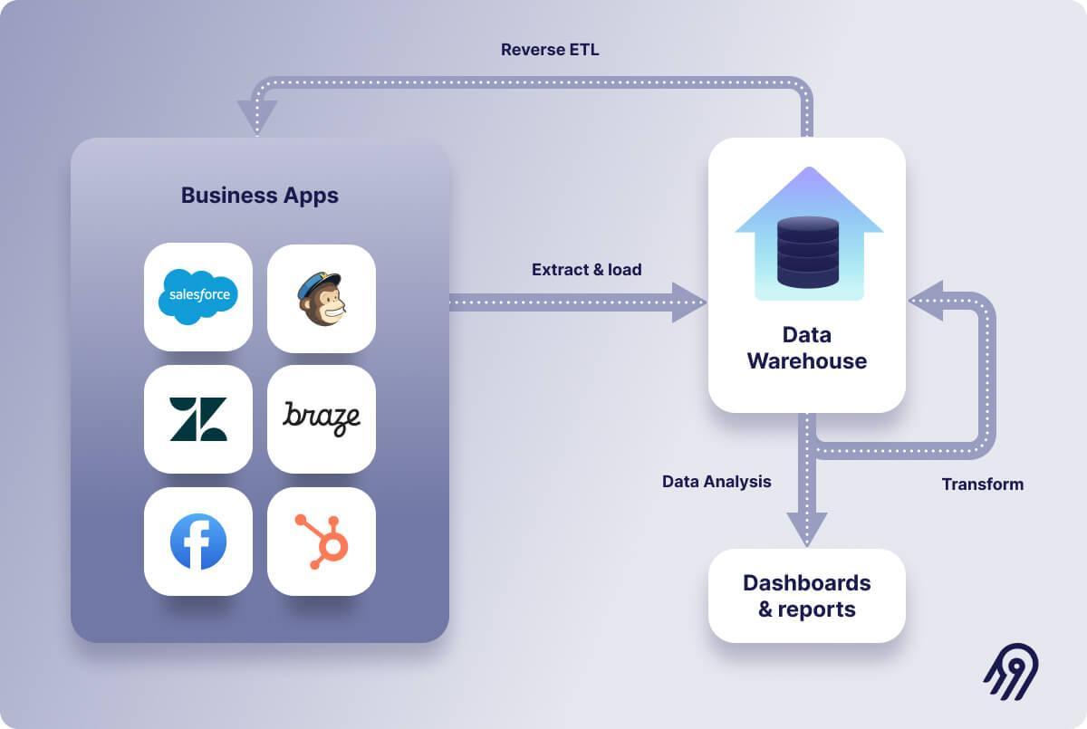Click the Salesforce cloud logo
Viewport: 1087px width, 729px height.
point(197,296)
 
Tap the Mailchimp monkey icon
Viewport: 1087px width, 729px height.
point(321,298)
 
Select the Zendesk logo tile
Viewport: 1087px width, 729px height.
point(197,419)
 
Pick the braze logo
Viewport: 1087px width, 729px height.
point(321,417)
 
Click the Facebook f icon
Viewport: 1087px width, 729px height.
point(197,542)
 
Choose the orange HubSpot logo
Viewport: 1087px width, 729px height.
point(322,542)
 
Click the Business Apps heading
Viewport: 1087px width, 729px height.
point(259,196)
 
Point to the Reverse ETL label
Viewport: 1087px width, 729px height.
point(550,50)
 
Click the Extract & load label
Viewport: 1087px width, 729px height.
point(586,270)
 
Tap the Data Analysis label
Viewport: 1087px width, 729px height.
point(717,482)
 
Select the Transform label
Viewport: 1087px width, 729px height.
point(982,484)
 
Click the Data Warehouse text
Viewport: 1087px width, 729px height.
point(806,348)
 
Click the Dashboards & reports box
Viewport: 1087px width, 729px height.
point(806,596)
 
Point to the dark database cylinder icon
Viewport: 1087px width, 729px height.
point(808,252)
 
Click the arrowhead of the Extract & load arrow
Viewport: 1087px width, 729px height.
point(690,302)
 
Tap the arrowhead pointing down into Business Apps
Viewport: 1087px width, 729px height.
point(257,117)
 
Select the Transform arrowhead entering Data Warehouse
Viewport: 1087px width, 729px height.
point(926,301)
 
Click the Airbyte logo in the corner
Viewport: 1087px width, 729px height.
point(1011,671)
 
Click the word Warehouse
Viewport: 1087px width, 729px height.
point(806,361)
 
